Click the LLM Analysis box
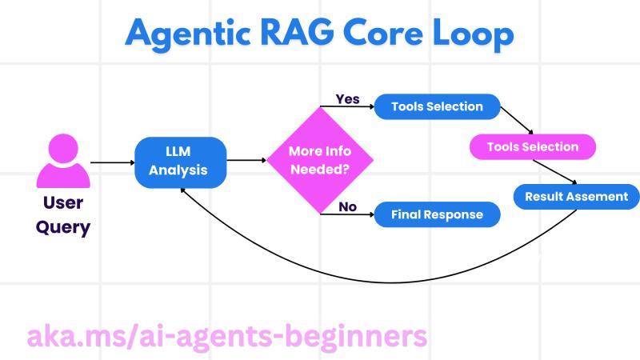coord(181,161)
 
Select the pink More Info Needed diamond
coord(320,161)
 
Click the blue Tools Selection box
coord(437,107)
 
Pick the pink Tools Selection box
coord(532,147)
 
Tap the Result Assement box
coord(576,197)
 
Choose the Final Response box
coord(437,214)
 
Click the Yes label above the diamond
coord(347,99)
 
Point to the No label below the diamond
coord(347,206)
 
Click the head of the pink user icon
coord(63,149)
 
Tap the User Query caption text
coord(62,214)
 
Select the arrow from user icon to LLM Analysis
coord(112,162)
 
